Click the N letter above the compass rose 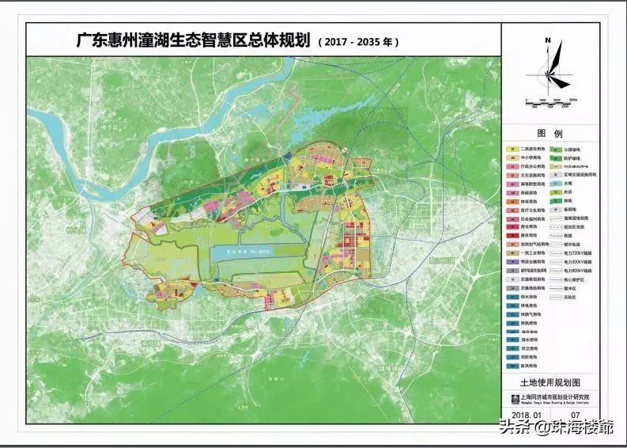pyautogui.click(x=547, y=40)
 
